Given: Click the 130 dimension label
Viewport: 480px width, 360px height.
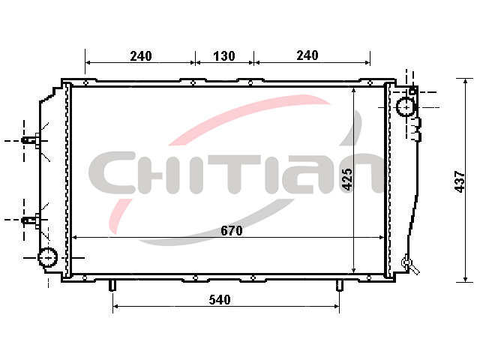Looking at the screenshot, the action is [x=224, y=56].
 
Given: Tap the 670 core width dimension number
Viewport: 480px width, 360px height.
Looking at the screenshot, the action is [x=232, y=230].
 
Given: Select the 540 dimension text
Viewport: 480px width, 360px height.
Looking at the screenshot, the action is [x=220, y=300].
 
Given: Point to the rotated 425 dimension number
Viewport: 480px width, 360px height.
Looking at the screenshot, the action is [x=347, y=179].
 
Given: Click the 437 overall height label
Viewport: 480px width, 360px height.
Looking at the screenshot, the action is [x=460, y=181].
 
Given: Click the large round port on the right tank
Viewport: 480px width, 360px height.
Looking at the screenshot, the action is [x=406, y=107].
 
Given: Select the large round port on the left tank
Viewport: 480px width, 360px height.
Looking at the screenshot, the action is [x=48, y=257].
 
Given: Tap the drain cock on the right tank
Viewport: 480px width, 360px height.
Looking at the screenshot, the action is [x=410, y=265].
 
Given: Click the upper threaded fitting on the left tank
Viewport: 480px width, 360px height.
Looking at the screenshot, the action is [x=30, y=140].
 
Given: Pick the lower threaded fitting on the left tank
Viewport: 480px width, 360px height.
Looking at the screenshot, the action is [x=30, y=220].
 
